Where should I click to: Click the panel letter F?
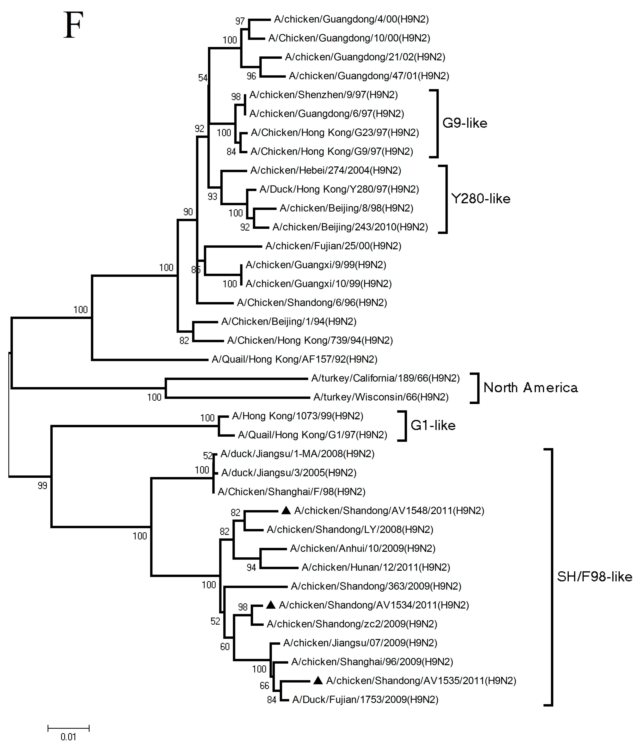73,25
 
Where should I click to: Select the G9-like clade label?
465,123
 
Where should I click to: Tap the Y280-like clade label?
480,199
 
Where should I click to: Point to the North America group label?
530,388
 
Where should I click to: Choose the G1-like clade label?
433,425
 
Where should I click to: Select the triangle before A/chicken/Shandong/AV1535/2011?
318,681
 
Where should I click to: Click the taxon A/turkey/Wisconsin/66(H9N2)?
381,397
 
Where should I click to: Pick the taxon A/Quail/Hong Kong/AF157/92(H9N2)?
294,359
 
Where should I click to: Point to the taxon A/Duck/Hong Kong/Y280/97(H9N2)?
339,189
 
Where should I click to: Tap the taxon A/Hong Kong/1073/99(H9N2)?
298,416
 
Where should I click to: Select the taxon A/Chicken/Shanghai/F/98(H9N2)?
291,492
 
